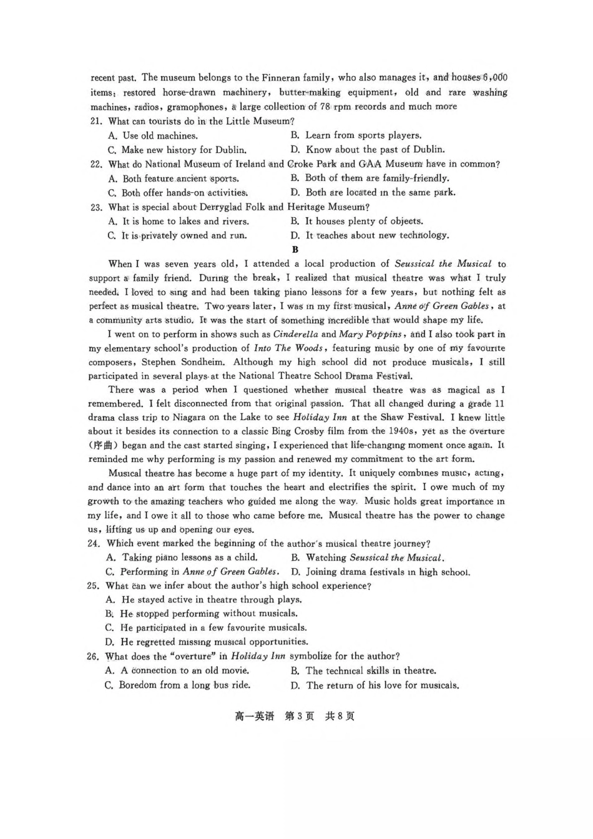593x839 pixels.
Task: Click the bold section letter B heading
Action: [295, 250]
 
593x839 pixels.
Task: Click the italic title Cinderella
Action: [296, 335]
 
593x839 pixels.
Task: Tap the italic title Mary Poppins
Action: [370, 335]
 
